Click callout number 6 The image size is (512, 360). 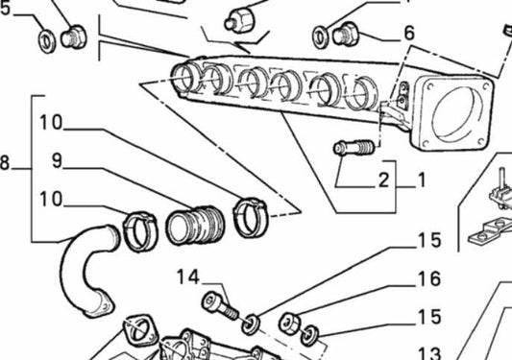(x=409, y=33)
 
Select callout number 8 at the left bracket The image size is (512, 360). (x=4, y=163)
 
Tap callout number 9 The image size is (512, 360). (x=57, y=161)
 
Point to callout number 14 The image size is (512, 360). (x=188, y=277)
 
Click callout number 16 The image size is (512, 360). (x=429, y=279)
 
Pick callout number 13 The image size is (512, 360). (x=429, y=353)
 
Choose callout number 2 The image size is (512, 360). (x=384, y=180)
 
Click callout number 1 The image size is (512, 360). (x=422, y=180)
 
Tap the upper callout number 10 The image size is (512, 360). (x=51, y=123)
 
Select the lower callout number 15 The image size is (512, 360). (x=429, y=317)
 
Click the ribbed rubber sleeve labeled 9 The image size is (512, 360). (x=195, y=225)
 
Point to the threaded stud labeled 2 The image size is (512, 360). (x=354, y=148)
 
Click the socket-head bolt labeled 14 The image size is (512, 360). (x=220, y=305)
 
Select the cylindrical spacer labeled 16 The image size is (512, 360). (x=290, y=323)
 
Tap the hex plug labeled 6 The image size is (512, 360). (x=346, y=34)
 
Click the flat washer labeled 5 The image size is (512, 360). (x=47, y=41)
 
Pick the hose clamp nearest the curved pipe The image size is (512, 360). (x=140, y=231)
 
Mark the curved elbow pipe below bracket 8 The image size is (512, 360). (x=86, y=271)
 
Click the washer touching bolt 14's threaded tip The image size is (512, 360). (x=251, y=324)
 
